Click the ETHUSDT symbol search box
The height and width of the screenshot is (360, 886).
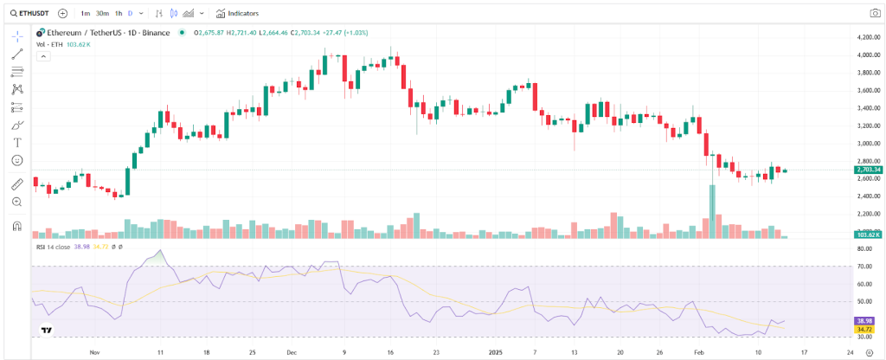pos(29,13)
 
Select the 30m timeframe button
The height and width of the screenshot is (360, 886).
pos(102,13)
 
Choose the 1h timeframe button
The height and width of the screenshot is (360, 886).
pos(119,13)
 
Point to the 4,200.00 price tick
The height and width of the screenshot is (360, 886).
pos(867,38)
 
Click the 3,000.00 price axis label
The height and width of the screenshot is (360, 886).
pos(867,144)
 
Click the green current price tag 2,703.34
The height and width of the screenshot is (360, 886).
pos(868,170)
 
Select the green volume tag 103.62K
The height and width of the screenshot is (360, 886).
pos(868,235)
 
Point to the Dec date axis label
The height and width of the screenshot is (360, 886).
pos(292,352)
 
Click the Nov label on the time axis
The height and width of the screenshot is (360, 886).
pos(94,352)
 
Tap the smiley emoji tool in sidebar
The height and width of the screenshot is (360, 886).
pos(17,160)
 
